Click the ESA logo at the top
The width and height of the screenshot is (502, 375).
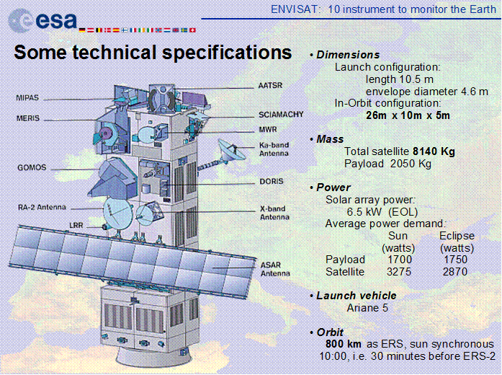(43, 20)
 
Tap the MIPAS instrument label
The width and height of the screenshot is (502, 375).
(27, 97)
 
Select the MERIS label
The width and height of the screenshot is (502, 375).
(28, 118)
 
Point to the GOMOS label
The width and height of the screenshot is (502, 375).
(32, 167)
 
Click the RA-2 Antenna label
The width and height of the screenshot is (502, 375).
(42, 207)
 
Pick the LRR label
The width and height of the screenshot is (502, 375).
(76, 225)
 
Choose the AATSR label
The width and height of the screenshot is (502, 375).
(270, 86)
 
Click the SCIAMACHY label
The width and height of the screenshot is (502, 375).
(281, 115)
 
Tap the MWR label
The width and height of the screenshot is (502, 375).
(268, 130)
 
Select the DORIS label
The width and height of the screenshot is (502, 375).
(272, 182)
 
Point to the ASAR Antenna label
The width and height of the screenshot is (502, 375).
(275, 269)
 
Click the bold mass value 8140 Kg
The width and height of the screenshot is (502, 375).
(434, 151)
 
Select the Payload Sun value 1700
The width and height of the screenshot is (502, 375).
(399, 260)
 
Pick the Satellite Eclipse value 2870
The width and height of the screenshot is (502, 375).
(455, 272)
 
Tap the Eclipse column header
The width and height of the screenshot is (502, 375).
(457, 236)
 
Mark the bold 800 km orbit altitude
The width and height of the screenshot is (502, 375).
(344, 344)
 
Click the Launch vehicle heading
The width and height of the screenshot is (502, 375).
(357, 296)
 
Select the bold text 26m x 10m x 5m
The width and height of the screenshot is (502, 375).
(408, 115)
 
